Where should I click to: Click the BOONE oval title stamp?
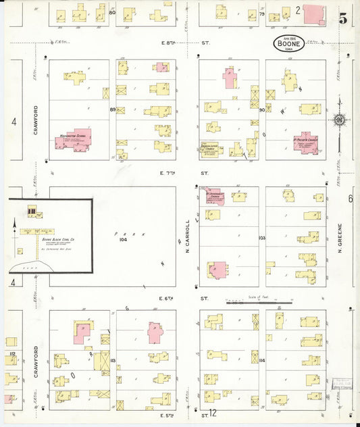click(288, 43)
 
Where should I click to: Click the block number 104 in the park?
click(123, 239)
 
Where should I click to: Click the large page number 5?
click(342, 20)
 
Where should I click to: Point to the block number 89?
click(113, 109)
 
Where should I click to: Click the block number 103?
click(262, 238)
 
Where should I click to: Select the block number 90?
click(262, 109)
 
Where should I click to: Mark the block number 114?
click(262, 361)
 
